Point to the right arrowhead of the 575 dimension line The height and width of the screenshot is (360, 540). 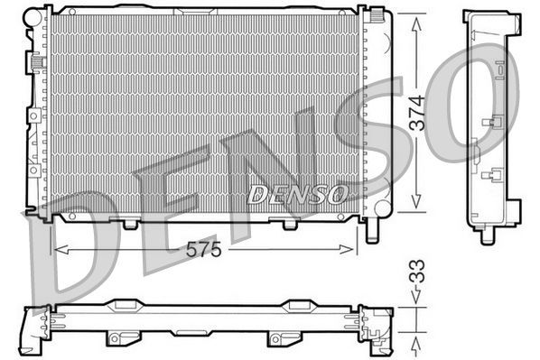point(356,247)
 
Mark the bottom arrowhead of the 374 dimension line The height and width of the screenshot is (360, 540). point(416,206)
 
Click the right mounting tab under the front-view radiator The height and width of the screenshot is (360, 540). point(290,221)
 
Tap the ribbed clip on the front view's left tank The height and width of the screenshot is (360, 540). point(37,63)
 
